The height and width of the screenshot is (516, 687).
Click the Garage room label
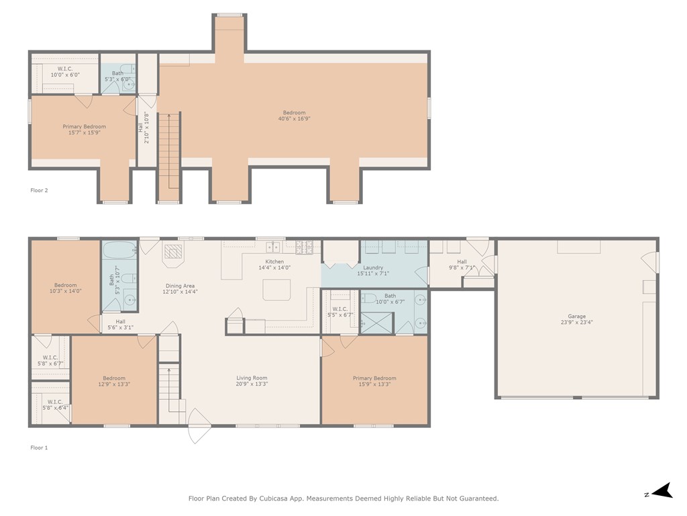click(x=576, y=316)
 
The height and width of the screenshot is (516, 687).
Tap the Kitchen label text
click(x=274, y=261)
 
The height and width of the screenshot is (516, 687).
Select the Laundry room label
click(x=373, y=267)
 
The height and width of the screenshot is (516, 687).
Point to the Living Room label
click(x=252, y=378)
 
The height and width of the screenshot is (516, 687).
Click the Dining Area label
click(x=180, y=286)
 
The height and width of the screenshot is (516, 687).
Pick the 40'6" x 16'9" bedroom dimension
click(x=294, y=118)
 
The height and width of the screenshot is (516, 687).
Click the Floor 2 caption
click(x=39, y=190)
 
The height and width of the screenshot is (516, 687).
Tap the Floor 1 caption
click(x=39, y=447)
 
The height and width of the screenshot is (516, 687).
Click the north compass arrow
click(x=662, y=490)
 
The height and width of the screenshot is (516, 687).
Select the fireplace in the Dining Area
click(x=173, y=253)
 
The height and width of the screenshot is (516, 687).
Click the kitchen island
click(x=276, y=290)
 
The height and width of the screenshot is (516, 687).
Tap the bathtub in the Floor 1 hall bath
click(x=119, y=250)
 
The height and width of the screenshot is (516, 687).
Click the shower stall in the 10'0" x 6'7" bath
click(x=376, y=322)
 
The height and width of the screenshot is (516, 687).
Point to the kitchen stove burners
click(x=304, y=247)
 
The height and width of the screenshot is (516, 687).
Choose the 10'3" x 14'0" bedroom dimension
click(x=65, y=291)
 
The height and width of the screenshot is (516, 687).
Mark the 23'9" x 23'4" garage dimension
click(x=576, y=322)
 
